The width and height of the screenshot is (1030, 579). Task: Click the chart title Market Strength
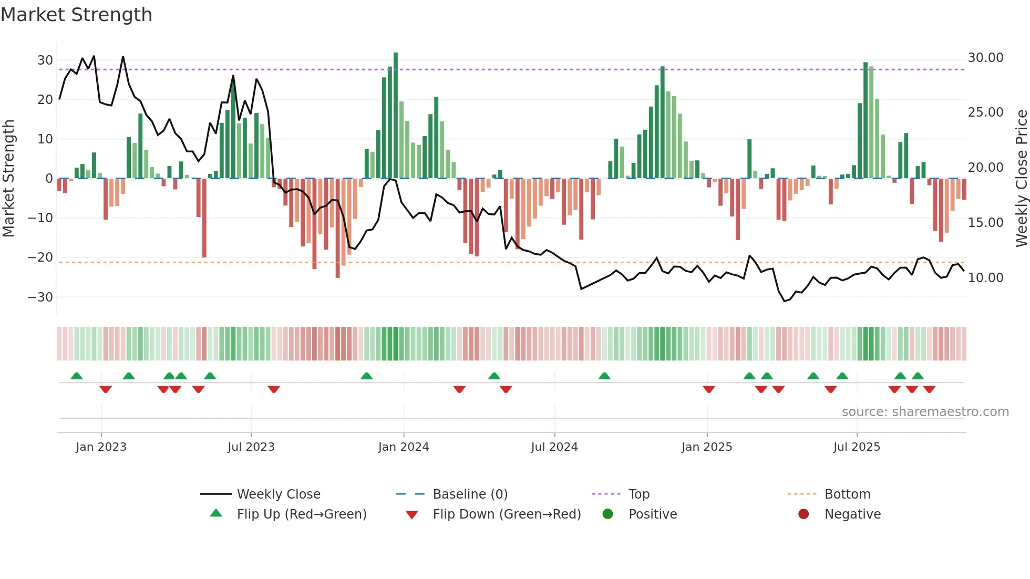pos(76,15)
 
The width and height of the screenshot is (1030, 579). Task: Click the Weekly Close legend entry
pos(278,494)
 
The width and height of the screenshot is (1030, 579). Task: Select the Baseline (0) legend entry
pos(470,494)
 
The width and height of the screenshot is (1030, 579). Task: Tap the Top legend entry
pos(638,494)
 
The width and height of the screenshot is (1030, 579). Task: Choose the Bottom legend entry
pos(847,494)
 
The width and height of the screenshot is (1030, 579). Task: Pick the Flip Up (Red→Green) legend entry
pos(301,514)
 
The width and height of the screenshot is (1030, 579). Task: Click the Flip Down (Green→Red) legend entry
pos(506,514)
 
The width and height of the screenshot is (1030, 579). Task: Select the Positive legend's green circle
pos(608,514)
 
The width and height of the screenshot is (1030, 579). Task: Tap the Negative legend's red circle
pos(804,514)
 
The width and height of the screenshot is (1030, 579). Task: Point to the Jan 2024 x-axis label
pos(404,447)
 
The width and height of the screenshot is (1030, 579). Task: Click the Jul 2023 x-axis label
pos(251,447)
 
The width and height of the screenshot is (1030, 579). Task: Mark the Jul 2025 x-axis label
pos(857,447)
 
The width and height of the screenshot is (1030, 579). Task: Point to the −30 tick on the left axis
pos(40,297)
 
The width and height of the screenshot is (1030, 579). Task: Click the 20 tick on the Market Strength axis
pos(45,100)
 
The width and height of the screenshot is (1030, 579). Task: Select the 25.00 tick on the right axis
pos(985,112)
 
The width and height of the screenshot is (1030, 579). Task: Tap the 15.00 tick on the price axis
pos(985,223)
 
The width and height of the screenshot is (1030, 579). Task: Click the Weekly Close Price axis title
pos(1021,179)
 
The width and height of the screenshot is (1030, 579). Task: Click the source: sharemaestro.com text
pos(925,412)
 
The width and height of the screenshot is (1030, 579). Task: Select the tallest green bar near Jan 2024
pos(396,116)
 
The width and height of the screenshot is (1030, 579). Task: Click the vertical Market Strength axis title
pos(9,179)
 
